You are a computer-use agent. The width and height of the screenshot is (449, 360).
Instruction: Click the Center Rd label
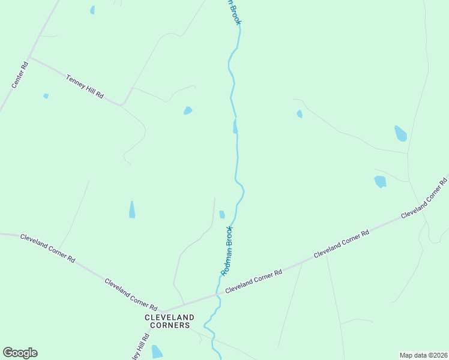[20, 75]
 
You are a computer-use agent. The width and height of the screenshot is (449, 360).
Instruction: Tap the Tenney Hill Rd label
[85, 87]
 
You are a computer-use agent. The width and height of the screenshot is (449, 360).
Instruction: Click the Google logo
[20, 353]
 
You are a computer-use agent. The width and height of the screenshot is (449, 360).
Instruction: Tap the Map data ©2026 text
[423, 355]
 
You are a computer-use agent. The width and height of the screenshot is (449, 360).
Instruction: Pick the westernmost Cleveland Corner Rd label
[47, 248]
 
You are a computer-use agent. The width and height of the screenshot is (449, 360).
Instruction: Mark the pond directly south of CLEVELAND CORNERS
[157, 352]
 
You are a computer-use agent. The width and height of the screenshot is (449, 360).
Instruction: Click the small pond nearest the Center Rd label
[46, 96]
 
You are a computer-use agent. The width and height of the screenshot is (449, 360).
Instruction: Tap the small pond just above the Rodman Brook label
[222, 214]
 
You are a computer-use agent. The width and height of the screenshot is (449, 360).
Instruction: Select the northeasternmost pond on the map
[400, 133]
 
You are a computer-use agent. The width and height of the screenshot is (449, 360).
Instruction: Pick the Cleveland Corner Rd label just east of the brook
[253, 281]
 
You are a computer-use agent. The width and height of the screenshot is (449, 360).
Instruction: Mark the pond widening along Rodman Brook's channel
[235, 127]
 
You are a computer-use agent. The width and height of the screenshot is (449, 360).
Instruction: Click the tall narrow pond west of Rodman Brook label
[132, 209]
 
